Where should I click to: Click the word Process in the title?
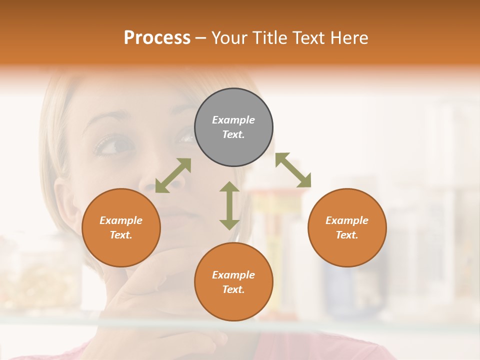(x=157, y=38)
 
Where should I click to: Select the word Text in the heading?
(x=308, y=38)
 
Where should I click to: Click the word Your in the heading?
(x=231, y=38)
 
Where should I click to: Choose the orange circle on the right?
(x=347, y=252)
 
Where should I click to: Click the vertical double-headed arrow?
(x=229, y=205)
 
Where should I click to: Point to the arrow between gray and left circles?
(x=173, y=175)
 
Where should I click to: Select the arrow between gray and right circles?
(x=293, y=170)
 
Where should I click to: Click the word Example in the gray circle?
(x=233, y=120)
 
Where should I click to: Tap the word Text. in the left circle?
(x=121, y=235)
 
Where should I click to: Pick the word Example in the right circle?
(x=347, y=220)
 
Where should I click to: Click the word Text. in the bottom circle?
(x=233, y=289)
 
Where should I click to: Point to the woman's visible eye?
(x=112, y=146)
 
